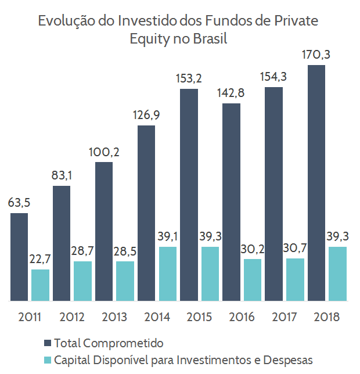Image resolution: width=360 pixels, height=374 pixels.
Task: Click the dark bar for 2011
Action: pos(19,257)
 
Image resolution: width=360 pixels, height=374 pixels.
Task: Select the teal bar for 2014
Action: pos(167,274)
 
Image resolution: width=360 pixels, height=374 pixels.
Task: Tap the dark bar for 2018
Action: pos(316,183)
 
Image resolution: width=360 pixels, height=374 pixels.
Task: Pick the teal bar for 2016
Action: pos(253,279)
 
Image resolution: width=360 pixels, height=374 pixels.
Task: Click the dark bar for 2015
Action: pos(189,195)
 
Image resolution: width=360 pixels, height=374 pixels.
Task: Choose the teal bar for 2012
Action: pos(82,280)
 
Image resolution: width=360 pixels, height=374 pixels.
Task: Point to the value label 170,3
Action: pos(316,56)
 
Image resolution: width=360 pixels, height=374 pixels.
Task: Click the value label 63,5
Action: pos(19,203)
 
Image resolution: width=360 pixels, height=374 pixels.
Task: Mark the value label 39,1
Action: pos(168,237)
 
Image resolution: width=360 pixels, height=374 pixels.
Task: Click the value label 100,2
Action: pos(104,153)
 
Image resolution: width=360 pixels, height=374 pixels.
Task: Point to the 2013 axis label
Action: pos(114,318)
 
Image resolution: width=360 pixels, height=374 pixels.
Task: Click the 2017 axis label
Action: pos(285,318)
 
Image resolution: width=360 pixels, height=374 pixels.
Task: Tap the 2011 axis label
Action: pos(30,318)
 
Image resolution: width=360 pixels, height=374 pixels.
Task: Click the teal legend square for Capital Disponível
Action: pos(48,359)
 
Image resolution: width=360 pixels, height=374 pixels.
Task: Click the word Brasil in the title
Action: pos(207,39)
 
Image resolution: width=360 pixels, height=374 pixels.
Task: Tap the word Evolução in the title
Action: pos(63,21)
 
